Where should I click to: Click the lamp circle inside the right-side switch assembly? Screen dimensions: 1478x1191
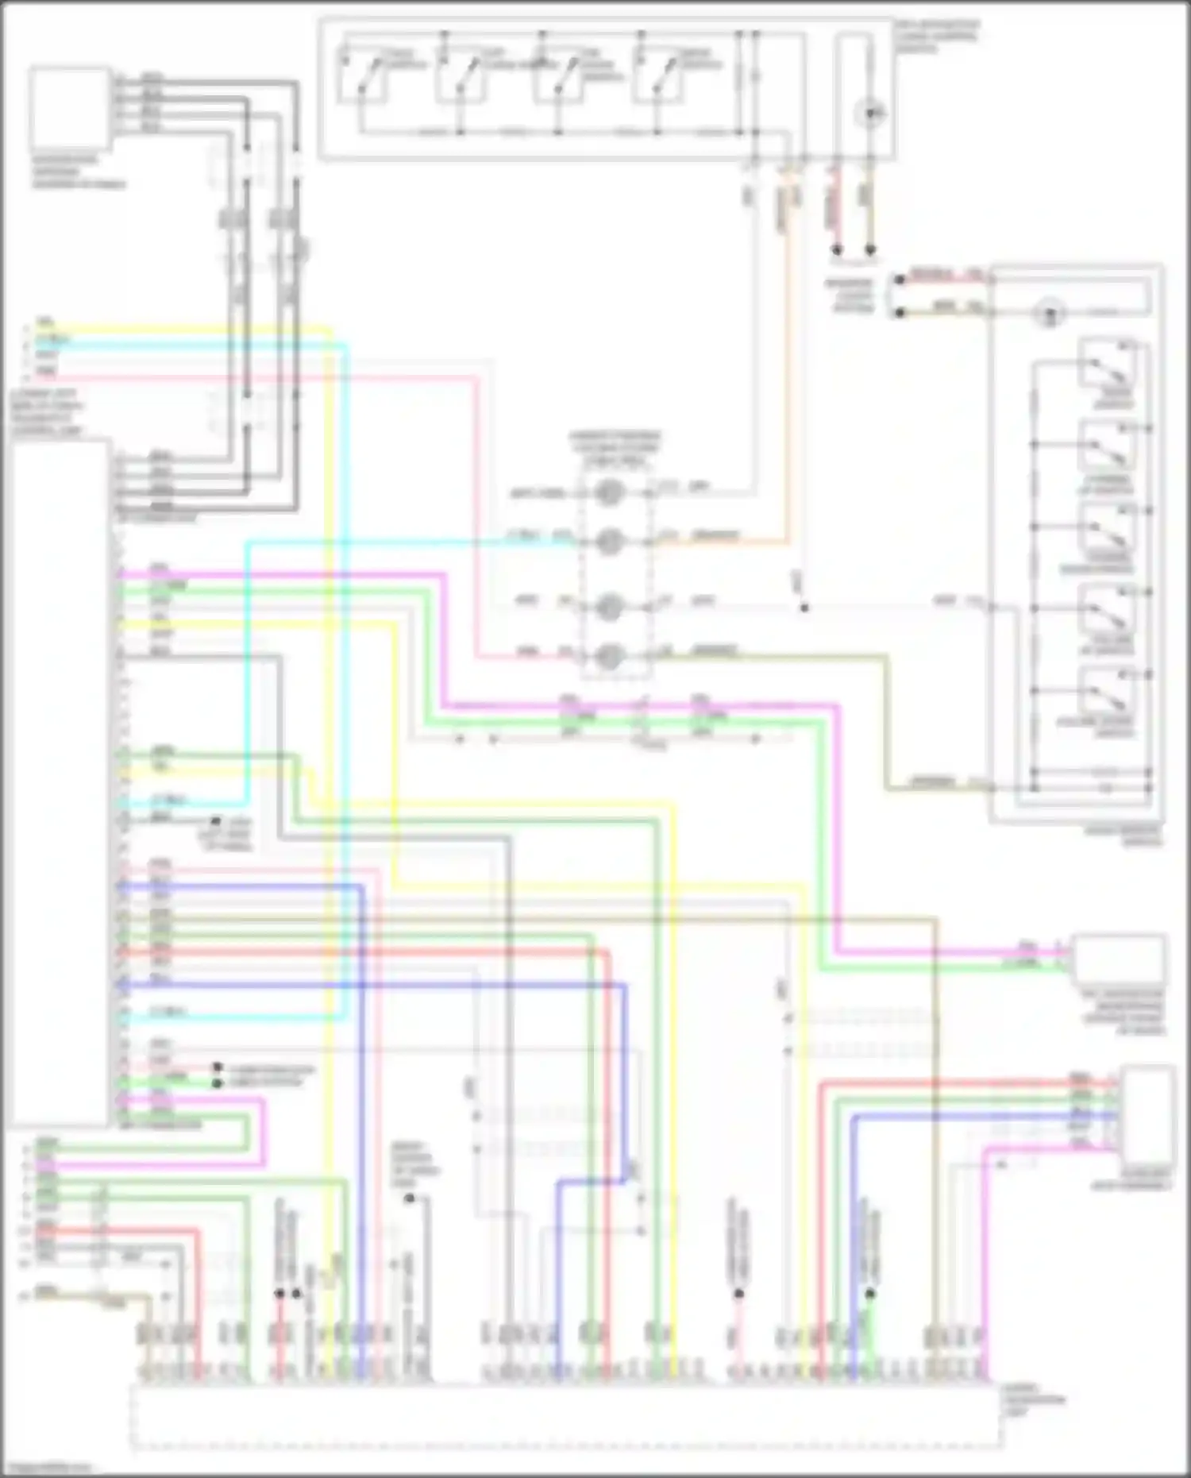(x=1050, y=313)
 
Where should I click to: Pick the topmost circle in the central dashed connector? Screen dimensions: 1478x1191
(x=610, y=492)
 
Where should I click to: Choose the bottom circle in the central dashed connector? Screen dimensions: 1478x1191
(x=610, y=655)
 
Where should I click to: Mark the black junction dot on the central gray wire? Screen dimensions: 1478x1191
(x=804, y=608)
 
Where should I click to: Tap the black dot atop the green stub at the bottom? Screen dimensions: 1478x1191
(x=870, y=1294)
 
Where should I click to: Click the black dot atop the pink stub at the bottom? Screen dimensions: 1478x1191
(x=738, y=1294)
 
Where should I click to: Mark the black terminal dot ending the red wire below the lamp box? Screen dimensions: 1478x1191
(x=836, y=250)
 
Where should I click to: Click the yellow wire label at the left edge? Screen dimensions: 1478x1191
(x=46, y=323)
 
